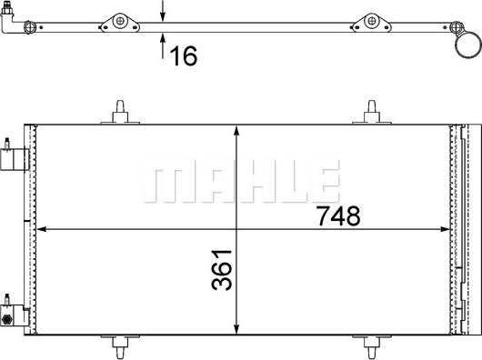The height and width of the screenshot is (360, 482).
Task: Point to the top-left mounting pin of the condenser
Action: [x=122, y=111]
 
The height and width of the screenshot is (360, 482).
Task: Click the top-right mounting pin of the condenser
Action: [x=373, y=111]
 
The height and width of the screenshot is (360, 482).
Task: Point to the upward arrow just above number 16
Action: [x=164, y=39]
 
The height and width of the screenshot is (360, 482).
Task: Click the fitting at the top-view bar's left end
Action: [x=13, y=15]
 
